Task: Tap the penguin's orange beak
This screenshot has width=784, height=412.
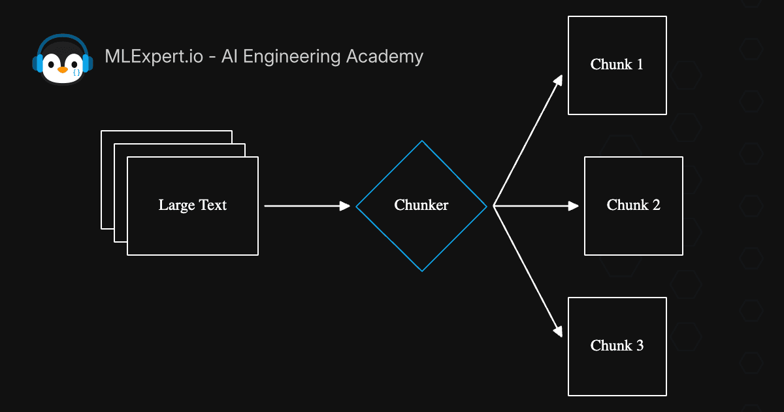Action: coord(62,69)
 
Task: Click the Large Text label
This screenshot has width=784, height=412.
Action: coord(192,205)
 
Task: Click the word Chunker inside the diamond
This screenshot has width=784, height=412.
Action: coord(421,205)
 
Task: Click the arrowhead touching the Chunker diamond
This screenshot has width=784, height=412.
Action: coord(346,206)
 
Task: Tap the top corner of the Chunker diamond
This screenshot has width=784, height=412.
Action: coord(422,143)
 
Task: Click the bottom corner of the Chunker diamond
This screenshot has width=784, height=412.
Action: coord(422,269)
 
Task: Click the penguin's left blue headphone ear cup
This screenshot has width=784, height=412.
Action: coord(37,63)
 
